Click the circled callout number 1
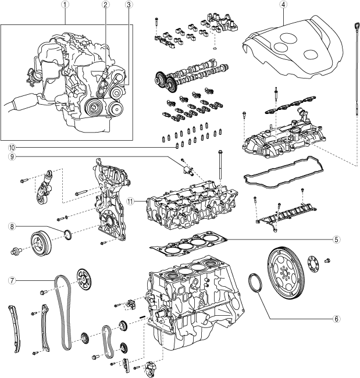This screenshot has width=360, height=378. click(x=66, y=5)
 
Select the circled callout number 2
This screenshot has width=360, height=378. click(x=105, y=5)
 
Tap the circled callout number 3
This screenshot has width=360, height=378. click(x=128, y=5)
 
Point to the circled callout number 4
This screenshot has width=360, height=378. click(x=283, y=5)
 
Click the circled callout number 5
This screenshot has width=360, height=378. click(x=337, y=238)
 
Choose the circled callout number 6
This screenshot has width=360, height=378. click(x=337, y=319)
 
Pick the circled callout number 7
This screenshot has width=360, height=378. click(x=11, y=280)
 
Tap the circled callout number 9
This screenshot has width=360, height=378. click(x=11, y=156)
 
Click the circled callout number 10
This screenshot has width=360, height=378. click(x=11, y=148)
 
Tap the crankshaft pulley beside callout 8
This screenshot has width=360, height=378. click(x=41, y=241)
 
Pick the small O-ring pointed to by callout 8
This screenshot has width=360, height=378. click(x=68, y=235)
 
